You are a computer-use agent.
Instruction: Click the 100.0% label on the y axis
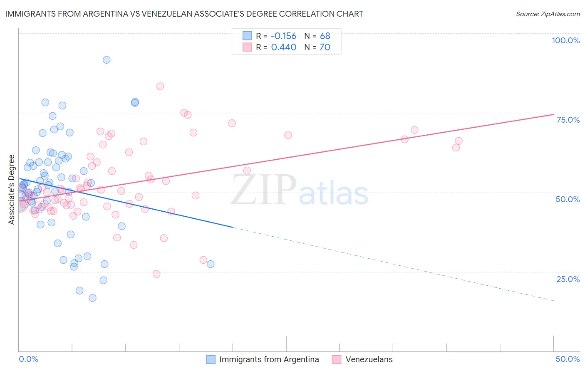tap(565, 40)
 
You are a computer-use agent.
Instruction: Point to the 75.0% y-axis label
tap(568, 120)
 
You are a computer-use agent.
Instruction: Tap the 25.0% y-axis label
tap(568, 279)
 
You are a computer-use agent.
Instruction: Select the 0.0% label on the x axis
tap(28, 359)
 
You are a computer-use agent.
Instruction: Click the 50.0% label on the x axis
tap(568, 359)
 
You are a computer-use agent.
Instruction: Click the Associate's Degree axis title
tap(12, 190)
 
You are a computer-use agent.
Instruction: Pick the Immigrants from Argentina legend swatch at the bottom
tap(211, 359)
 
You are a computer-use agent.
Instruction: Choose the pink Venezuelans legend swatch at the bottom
tap(337, 359)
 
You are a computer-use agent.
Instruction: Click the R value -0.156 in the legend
tap(283, 36)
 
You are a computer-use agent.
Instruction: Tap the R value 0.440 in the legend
tap(283, 47)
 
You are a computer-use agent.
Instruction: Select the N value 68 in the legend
tap(325, 36)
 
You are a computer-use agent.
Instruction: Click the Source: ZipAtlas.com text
tap(548, 14)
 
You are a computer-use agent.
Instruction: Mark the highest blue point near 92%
tap(107, 60)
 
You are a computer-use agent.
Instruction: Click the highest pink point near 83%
tap(160, 87)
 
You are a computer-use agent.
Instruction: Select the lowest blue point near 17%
tap(92, 298)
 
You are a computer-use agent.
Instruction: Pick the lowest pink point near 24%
tap(156, 274)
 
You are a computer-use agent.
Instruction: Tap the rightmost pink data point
tap(459, 141)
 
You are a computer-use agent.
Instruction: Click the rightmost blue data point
tap(211, 264)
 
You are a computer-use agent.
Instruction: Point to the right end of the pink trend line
tap(553, 114)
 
